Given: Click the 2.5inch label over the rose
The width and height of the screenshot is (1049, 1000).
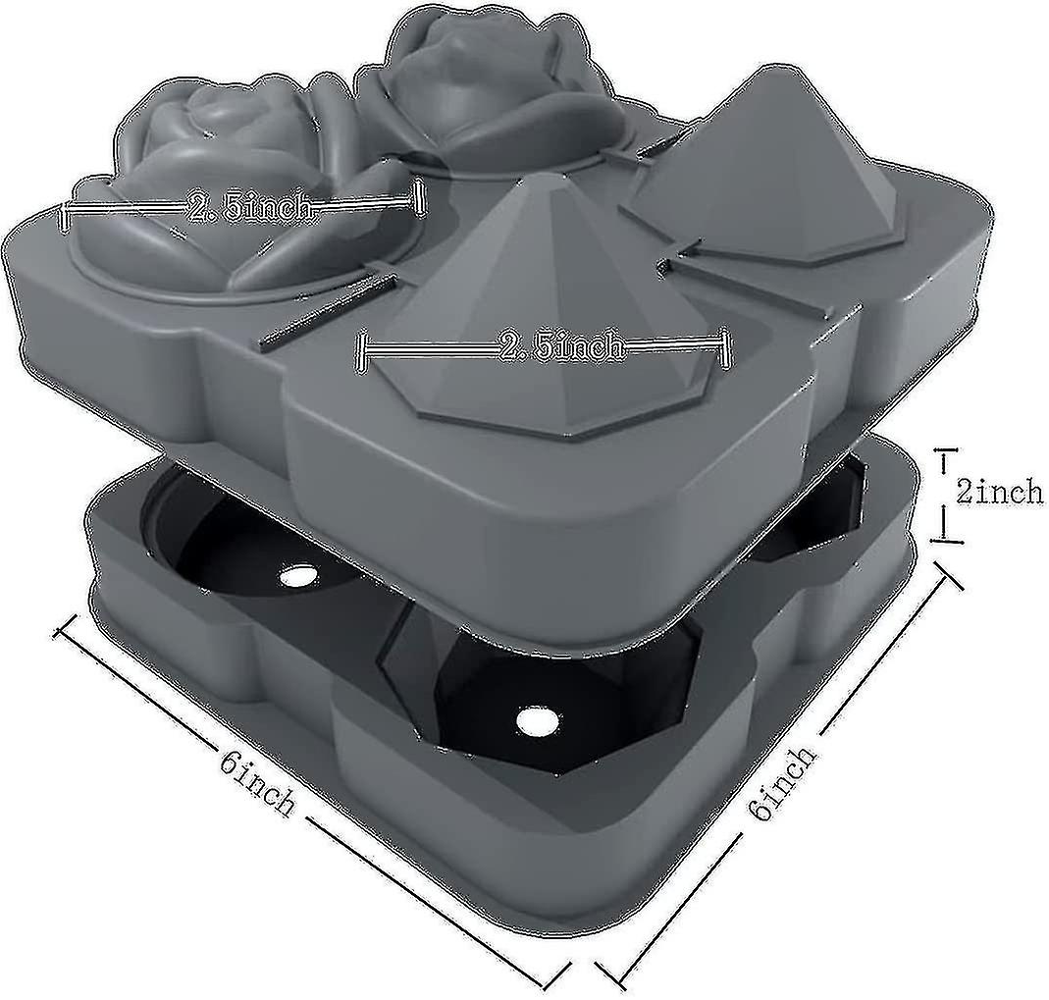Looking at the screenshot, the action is [249, 207].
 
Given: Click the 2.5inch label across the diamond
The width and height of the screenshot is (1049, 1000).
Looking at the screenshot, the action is [560, 346].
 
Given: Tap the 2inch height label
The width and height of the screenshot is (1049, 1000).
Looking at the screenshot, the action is [998, 492].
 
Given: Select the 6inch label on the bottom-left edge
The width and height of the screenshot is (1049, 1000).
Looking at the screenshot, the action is [258, 781].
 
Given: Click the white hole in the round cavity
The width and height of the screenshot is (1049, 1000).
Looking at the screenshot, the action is [295, 576].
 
